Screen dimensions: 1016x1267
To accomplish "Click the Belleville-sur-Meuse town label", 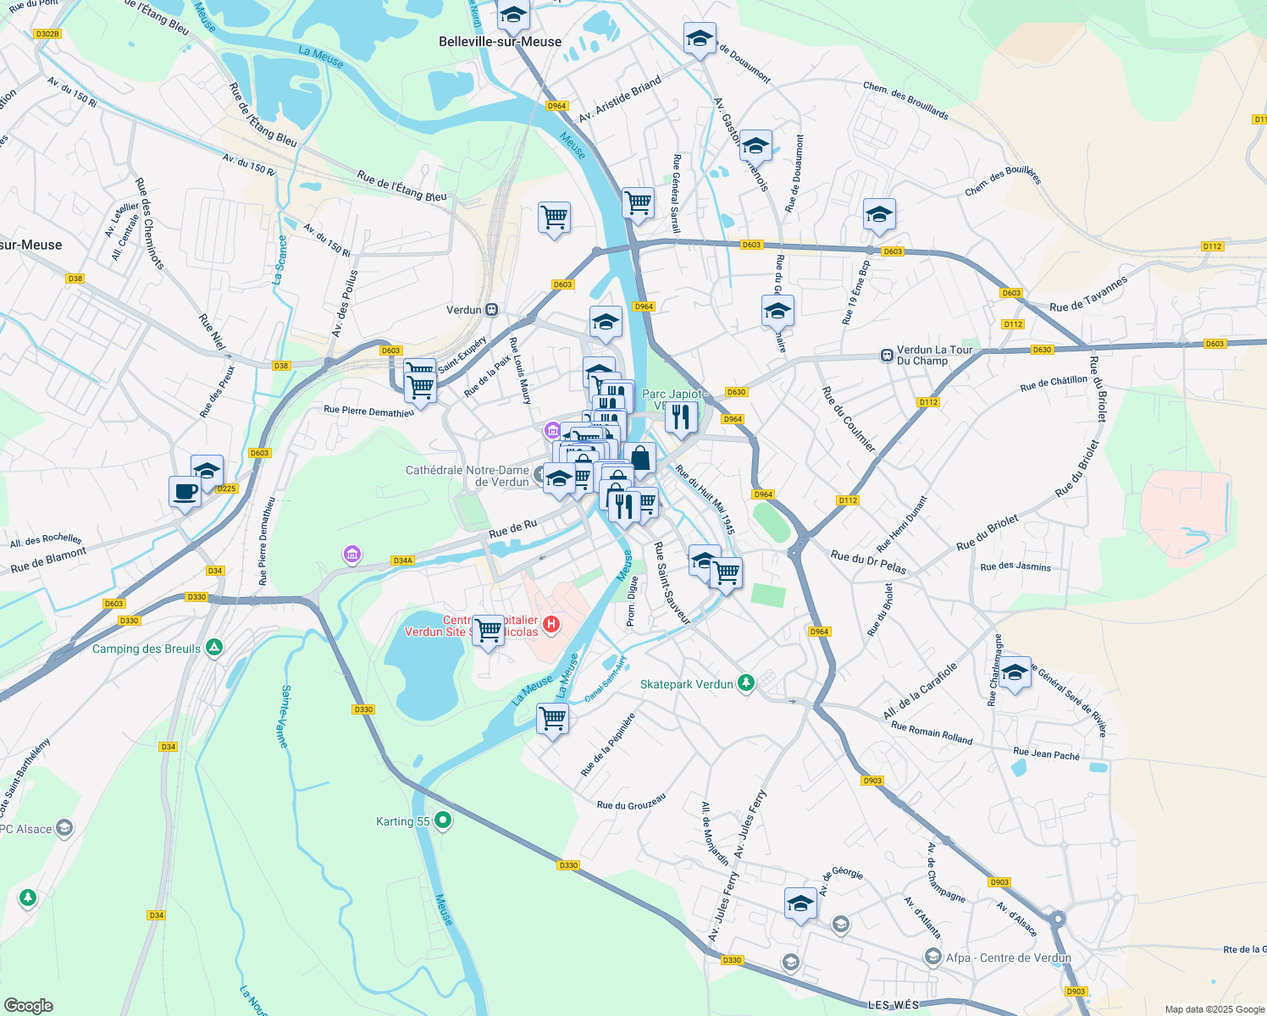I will click(500, 41).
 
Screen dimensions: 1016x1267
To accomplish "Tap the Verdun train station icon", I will click(492, 310).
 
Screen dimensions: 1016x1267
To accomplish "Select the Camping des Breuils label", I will click(147, 649).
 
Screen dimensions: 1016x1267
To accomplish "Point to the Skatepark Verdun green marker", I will click(745, 683).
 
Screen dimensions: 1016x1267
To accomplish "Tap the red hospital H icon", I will click(551, 625).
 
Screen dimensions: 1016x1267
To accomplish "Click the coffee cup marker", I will click(185, 490).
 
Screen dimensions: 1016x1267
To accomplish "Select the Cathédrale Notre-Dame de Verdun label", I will click(468, 476).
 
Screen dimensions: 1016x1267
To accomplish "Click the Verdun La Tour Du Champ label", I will click(934, 355).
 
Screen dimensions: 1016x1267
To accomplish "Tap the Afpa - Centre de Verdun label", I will click(1008, 958).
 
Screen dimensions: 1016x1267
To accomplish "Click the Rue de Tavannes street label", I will click(1088, 295).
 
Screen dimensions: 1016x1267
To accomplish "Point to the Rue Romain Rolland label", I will click(932, 732).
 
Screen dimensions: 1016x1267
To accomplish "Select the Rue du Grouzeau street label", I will click(631, 801).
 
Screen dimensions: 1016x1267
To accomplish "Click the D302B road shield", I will click(47, 34).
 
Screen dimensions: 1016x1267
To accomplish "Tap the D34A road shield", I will click(403, 560).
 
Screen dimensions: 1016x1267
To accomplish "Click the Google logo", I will click(28, 1006).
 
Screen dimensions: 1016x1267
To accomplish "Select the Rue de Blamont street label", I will click(48, 560).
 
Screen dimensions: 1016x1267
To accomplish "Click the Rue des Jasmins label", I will click(1015, 566).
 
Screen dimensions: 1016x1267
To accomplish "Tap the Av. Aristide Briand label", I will click(620, 99).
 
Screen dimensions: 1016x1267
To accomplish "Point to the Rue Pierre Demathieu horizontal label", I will click(368, 411).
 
